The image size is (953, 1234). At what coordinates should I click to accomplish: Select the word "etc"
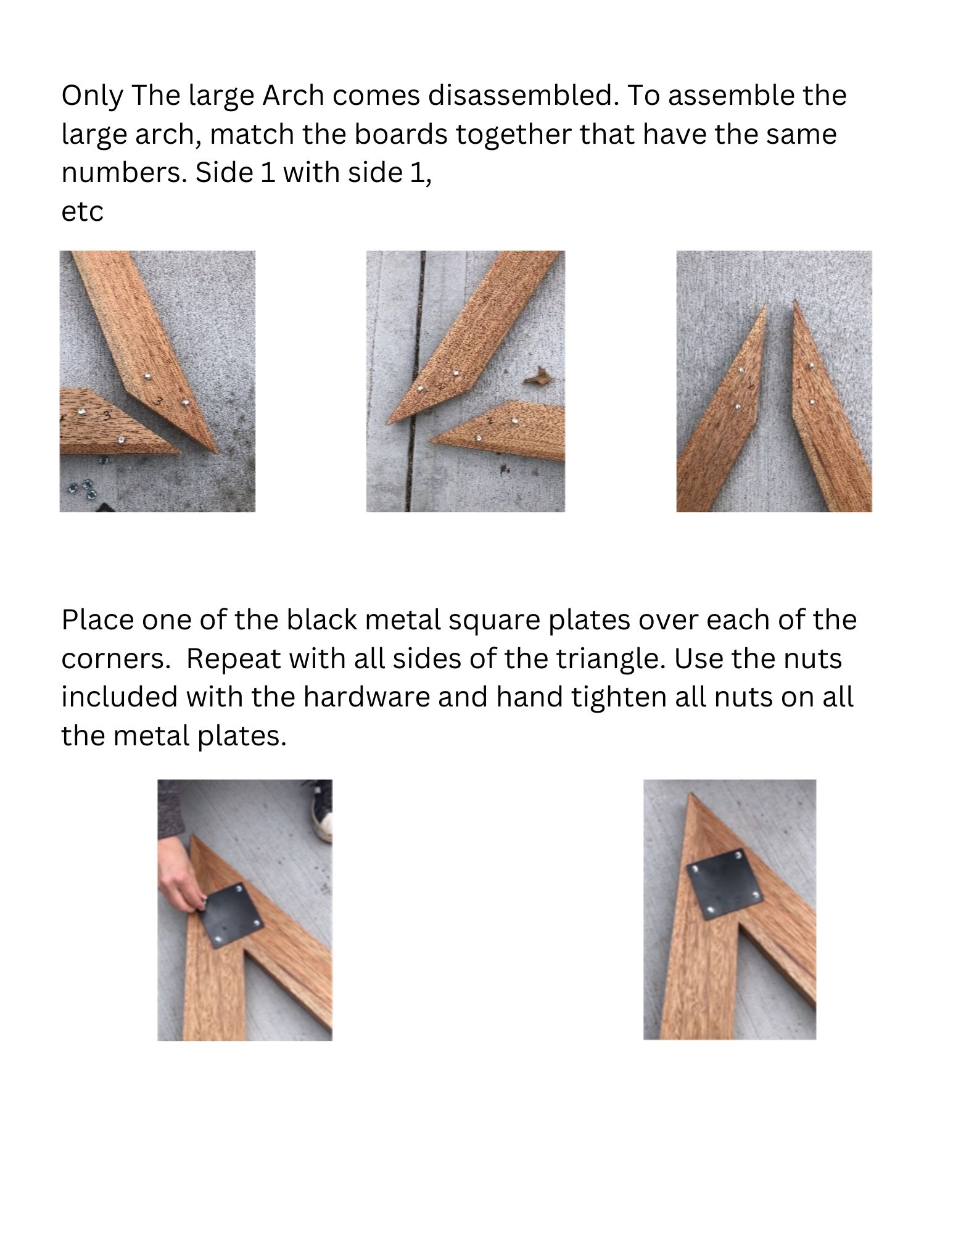(82, 212)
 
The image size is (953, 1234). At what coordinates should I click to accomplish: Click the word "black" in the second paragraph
(321, 620)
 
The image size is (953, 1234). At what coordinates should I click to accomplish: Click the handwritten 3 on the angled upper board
(159, 402)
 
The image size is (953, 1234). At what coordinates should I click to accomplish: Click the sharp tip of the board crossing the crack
(388, 423)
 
